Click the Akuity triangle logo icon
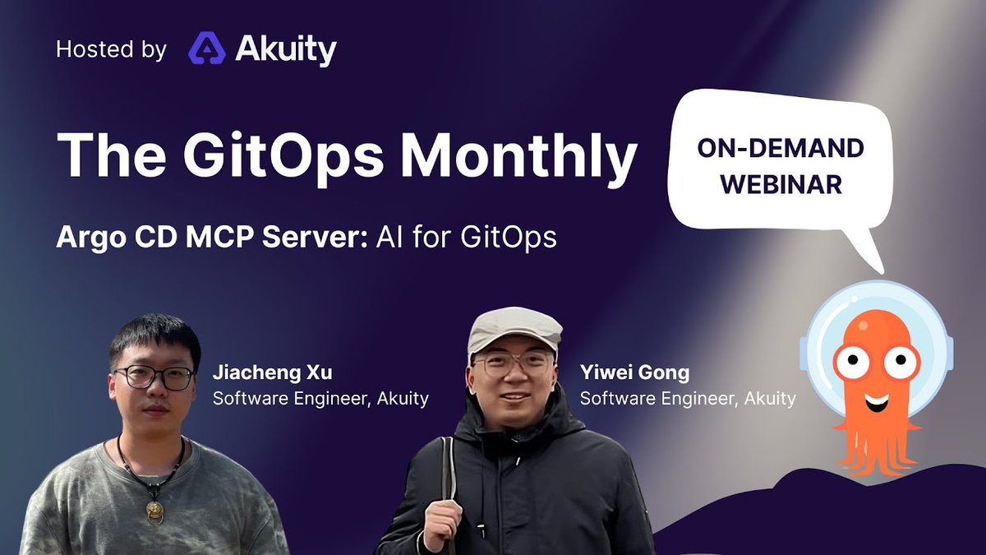click(207, 49)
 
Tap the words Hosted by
click(111, 50)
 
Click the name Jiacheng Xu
click(272, 372)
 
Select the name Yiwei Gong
click(634, 372)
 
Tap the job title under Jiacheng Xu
click(320, 399)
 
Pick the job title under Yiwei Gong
click(688, 399)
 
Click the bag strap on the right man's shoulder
click(448, 485)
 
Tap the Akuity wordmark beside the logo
click(286, 50)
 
